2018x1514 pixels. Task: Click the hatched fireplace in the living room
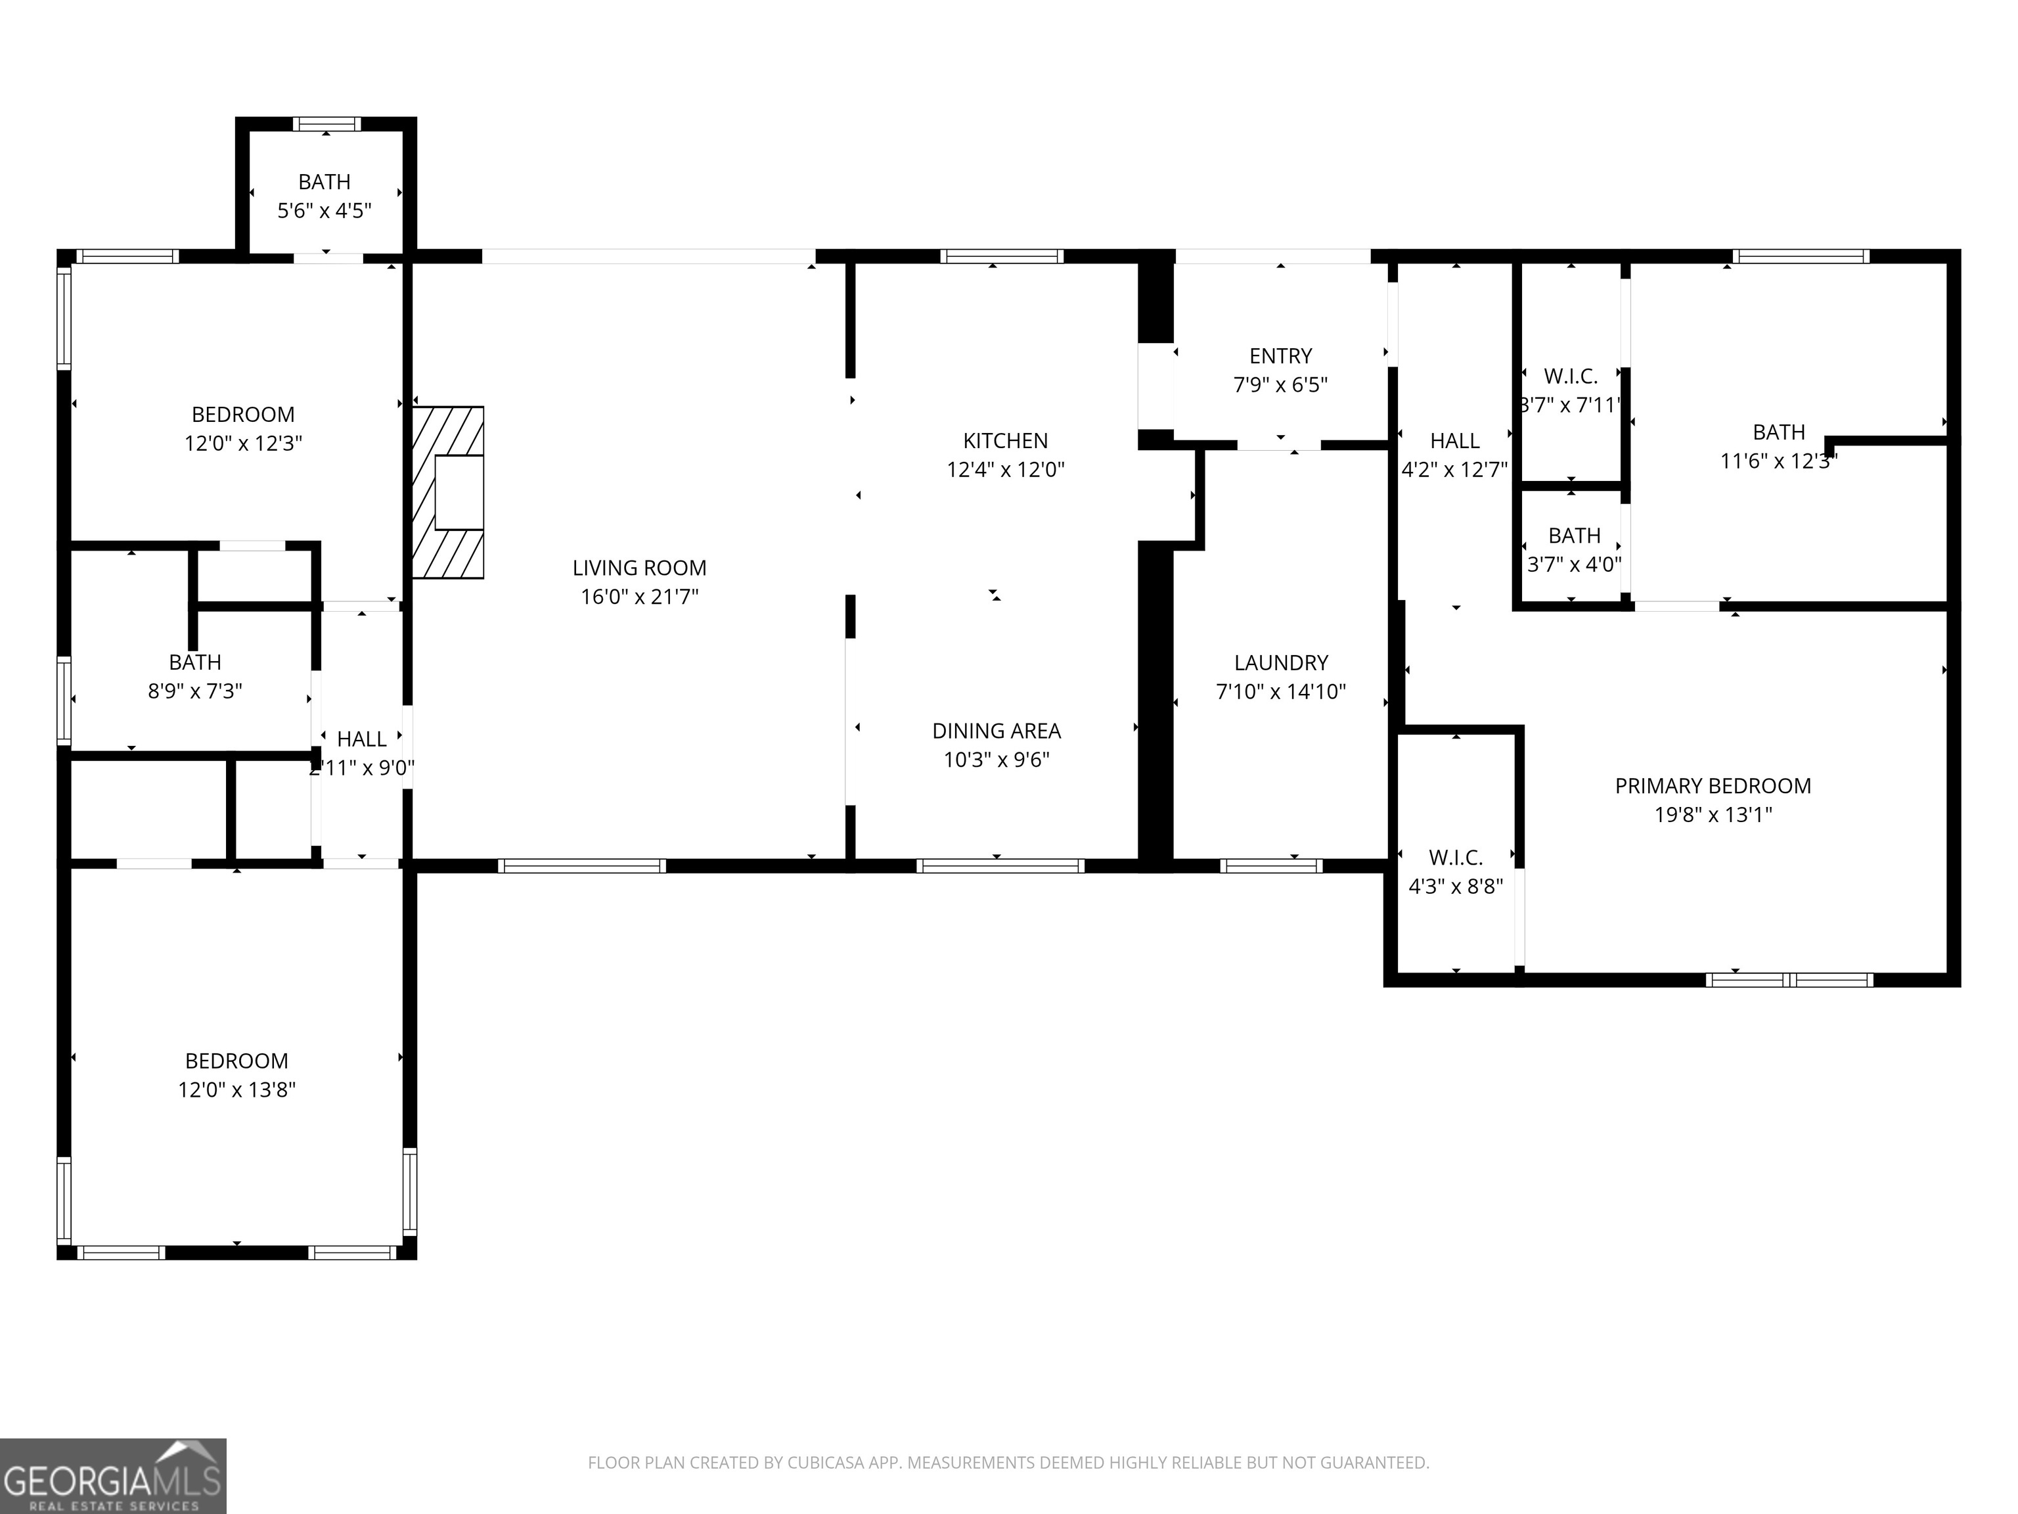pos(447,492)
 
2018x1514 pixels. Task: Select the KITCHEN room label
pos(1004,441)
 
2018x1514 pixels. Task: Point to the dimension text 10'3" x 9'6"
pos(997,759)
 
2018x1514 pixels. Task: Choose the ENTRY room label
pos(1280,356)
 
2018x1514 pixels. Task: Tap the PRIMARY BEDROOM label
pos(1713,786)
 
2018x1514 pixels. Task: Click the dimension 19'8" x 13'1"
pos(1713,814)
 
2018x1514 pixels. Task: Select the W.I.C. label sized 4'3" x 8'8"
pos(1455,857)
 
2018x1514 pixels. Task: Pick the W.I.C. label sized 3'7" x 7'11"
pos(1570,376)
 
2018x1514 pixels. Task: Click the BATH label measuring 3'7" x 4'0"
pos(1574,536)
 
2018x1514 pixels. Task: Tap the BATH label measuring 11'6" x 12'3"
pos(1778,432)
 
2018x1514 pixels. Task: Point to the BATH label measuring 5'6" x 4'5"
pos(324,181)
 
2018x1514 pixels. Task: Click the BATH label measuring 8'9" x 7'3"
pos(194,662)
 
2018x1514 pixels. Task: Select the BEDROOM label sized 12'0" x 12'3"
pos(242,415)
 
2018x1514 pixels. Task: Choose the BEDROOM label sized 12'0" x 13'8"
pos(236,1061)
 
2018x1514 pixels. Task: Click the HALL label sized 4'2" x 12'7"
pos(1454,441)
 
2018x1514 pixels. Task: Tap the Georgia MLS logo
pos(112,1476)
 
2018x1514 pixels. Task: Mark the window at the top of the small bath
pos(326,124)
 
